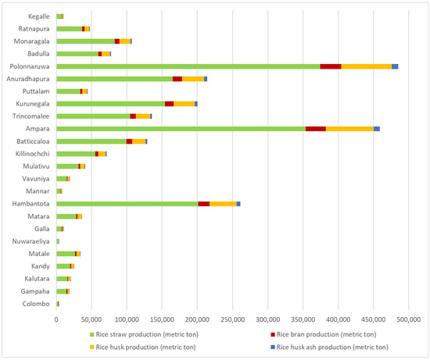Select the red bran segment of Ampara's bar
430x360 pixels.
click(315, 128)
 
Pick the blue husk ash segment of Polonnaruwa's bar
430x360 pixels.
click(395, 66)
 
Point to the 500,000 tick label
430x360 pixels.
click(409, 319)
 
